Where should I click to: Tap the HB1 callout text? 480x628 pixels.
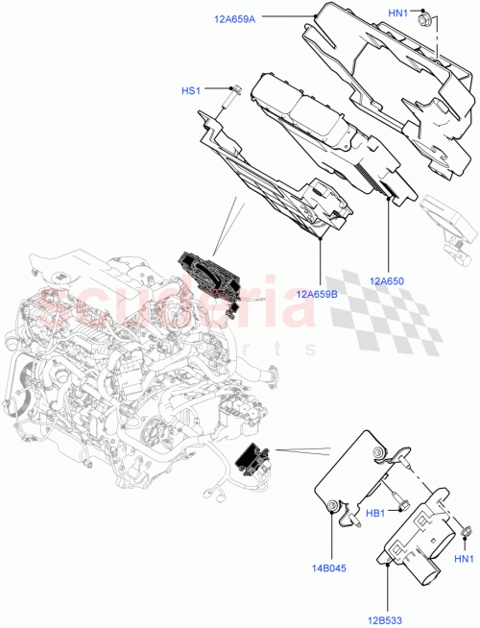tap(375, 513)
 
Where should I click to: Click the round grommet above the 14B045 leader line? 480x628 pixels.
tap(331, 505)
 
